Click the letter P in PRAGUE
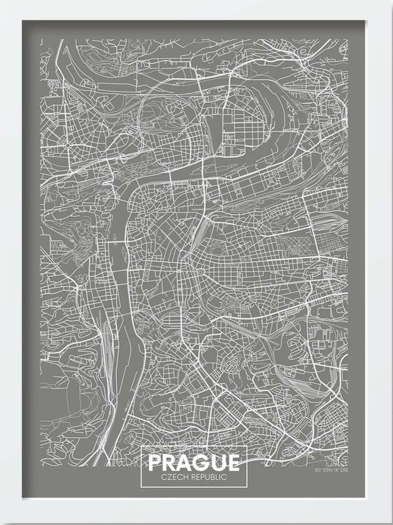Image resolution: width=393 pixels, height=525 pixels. (x=156, y=463)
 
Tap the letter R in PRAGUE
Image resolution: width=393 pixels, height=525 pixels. (x=171, y=463)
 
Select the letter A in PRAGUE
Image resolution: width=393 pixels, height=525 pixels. (x=186, y=463)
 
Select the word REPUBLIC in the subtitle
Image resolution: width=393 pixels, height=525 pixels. (x=208, y=477)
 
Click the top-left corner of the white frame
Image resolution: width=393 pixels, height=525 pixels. (x=2, y=2)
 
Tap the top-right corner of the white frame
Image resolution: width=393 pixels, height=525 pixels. (x=391, y=2)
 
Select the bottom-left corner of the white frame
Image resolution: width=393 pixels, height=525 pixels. (x=2, y=523)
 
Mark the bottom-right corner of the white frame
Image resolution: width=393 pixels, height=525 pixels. (x=391, y=523)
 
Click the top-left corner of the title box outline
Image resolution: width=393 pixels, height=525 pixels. (x=141, y=447)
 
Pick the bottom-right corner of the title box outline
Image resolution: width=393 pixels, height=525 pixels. (x=247, y=486)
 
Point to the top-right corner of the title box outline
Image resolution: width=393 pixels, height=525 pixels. (x=247, y=447)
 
